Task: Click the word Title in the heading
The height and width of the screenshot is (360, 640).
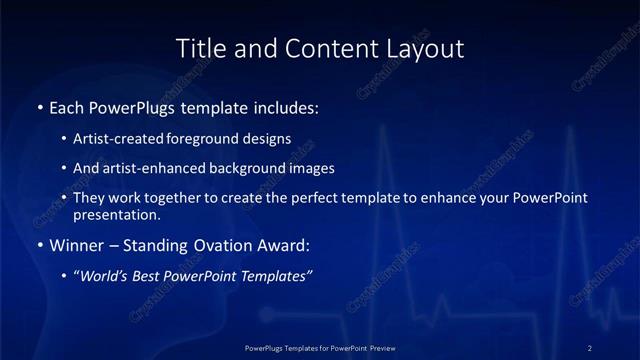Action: [x=197, y=48]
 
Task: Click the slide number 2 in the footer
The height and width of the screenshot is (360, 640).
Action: [x=590, y=347]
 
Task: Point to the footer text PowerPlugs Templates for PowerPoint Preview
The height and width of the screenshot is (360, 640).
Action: [x=320, y=347]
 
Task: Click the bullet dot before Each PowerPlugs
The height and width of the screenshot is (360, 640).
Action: [x=40, y=106]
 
